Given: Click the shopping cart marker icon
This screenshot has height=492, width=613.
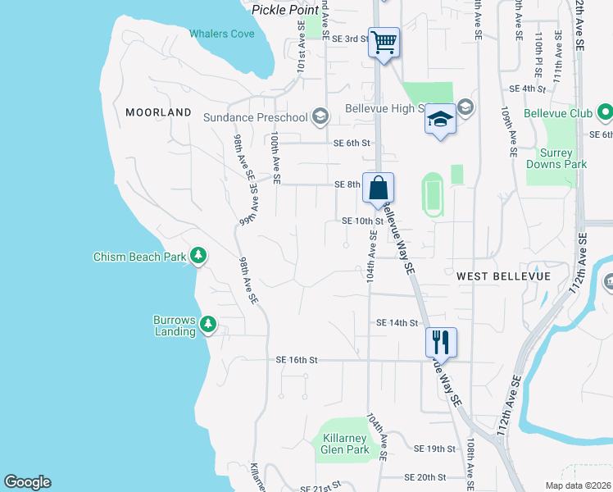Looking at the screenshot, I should (384, 41).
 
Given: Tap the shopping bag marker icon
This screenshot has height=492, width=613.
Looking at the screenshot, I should (378, 187).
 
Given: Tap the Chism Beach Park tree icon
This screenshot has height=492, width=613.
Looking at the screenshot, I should (198, 256).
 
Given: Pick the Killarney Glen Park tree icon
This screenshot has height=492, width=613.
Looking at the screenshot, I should (320, 440).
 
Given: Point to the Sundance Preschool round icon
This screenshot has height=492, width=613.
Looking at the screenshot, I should (320, 116).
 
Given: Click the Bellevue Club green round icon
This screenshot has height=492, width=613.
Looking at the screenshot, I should (605, 112).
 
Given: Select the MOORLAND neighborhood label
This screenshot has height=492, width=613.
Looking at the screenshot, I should (159, 112).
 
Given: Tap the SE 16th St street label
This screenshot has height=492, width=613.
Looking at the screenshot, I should (296, 359).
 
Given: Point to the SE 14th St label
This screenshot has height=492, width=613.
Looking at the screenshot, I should (397, 323).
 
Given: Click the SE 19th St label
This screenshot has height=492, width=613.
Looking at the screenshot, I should (434, 449).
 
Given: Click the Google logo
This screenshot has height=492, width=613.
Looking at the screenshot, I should (27, 482).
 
